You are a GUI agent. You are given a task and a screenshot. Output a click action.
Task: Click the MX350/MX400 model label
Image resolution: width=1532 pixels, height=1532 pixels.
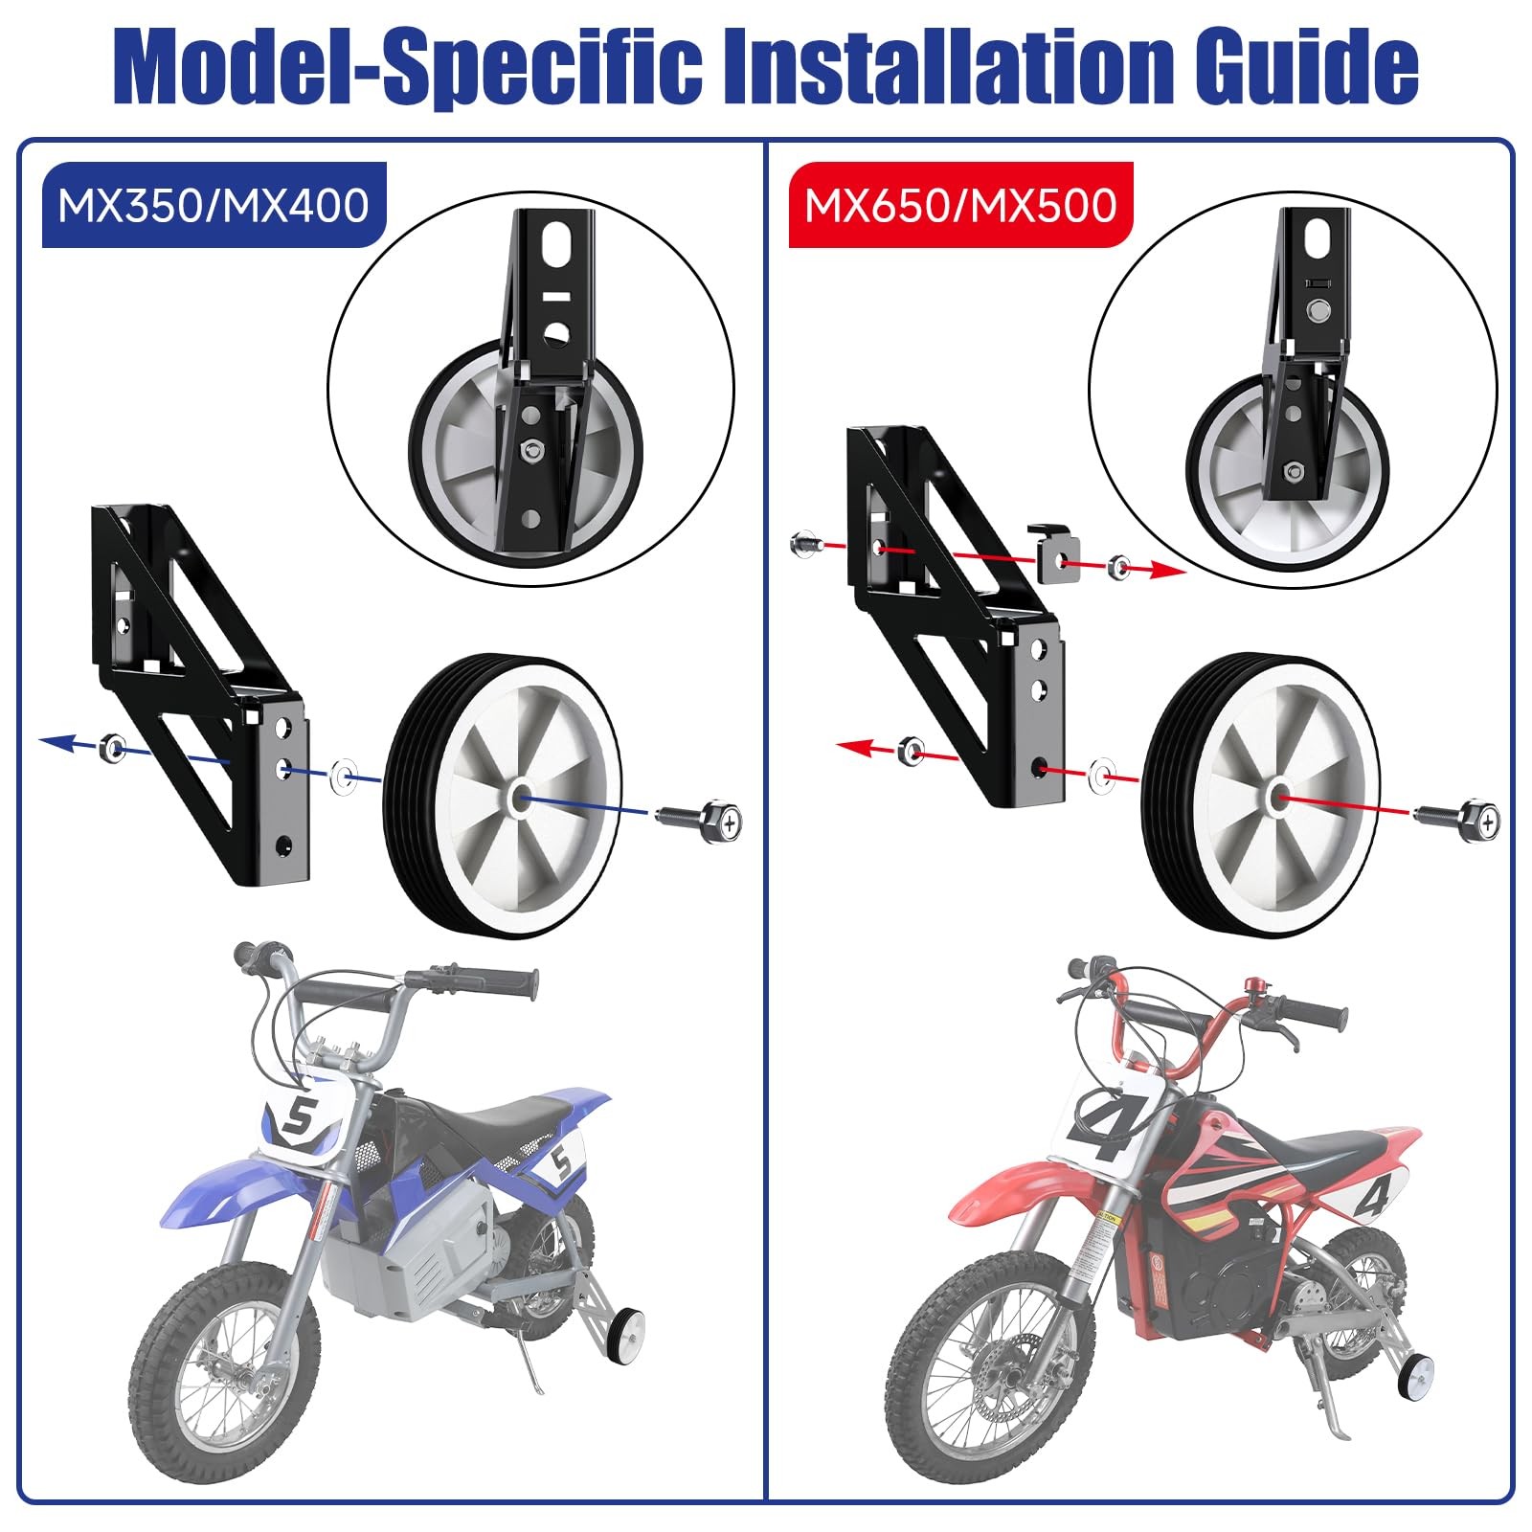tap(214, 205)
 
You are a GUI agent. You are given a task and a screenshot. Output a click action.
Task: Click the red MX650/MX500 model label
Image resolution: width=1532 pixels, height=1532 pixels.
tap(960, 205)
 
